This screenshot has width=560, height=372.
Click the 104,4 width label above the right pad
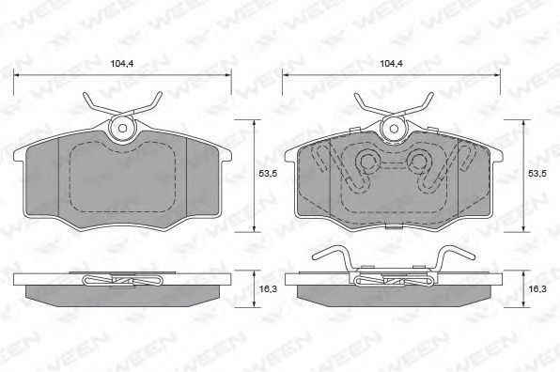pos(391,64)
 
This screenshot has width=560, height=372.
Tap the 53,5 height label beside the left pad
pos(268,174)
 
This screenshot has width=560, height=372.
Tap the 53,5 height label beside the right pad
pos(537,174)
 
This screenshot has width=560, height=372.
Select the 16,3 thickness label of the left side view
pos(268,288)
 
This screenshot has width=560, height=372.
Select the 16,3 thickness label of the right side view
pos(537,288)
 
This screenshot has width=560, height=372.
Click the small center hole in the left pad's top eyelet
pos(122,129)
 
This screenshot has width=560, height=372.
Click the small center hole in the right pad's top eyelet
pos(394,129)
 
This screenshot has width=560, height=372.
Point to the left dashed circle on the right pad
pos(367,162)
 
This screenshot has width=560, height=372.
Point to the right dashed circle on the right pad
pos(417,162)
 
